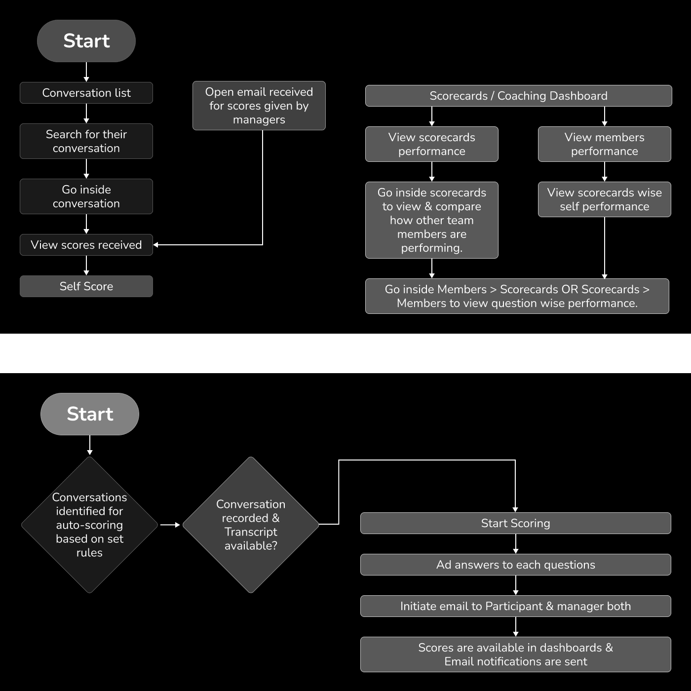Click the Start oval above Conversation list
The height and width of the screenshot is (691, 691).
[x=86, y=41]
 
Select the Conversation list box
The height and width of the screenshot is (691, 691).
[x=86, y=93]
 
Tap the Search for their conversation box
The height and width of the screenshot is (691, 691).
[x=86, y=141]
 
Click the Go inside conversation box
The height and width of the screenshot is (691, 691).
[x=86, y=196]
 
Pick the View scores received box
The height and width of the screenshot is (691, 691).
[x=86, y=245]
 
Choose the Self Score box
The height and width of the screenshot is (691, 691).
[x=86, y=286]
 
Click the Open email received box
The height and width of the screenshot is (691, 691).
[x=259, y=106]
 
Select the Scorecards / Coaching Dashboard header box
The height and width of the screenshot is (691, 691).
[x=518, y=96]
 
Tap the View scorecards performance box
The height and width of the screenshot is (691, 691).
[x=432, y=144]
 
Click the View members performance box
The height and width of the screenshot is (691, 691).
[x=605, y=144]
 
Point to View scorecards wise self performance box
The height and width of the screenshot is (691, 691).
[x=605, y=199]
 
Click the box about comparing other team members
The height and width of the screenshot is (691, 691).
[x=432, y=220]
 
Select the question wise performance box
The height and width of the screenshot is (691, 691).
[x=517, y=296]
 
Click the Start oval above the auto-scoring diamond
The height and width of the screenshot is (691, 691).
[x=90, y=414]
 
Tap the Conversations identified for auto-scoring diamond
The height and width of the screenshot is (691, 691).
[x=89, y=525]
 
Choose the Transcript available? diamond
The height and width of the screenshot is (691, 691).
[x=251, y=525]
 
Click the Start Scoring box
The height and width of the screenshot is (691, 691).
[x=516, y=523]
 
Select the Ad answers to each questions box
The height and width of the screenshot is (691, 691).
[x=516, y=565]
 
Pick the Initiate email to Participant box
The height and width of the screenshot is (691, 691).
[x=516, y=606]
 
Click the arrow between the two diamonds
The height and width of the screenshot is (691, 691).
[x=170, y=525]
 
